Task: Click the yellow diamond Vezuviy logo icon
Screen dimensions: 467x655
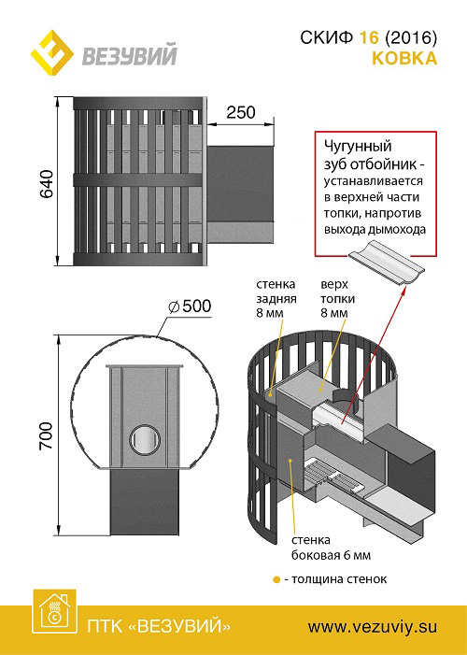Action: [x=52, y=52]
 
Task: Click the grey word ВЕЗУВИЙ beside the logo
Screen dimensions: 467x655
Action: [x=130, y=55]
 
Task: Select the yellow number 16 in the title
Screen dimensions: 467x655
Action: [x=369, y=38]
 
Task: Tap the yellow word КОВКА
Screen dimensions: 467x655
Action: [x=404, y=59]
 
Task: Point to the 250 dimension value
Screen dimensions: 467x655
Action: [x=241, y=112]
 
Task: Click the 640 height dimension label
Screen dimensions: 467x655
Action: [x=47, y=184]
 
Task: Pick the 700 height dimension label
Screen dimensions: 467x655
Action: [x=47, y=435]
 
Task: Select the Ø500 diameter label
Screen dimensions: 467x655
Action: [x=190, y=306]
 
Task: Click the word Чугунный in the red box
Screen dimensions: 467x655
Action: [x=358, y=147]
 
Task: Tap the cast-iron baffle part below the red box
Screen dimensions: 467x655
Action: [x=387, y=263]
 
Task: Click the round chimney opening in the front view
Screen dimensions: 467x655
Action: [x=145, y=439]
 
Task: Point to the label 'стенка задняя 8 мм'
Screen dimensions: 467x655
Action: [x=276, y=299]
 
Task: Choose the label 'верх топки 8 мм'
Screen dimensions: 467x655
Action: [x=337, y=299]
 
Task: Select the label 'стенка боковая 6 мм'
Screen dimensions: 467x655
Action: [x=331, y=548]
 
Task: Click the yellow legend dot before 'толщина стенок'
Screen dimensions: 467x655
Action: [x=276, y=580]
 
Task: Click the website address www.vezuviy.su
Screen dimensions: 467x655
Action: [x=373, y=627]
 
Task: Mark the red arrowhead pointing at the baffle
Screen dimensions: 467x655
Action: [x=403, y=291]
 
